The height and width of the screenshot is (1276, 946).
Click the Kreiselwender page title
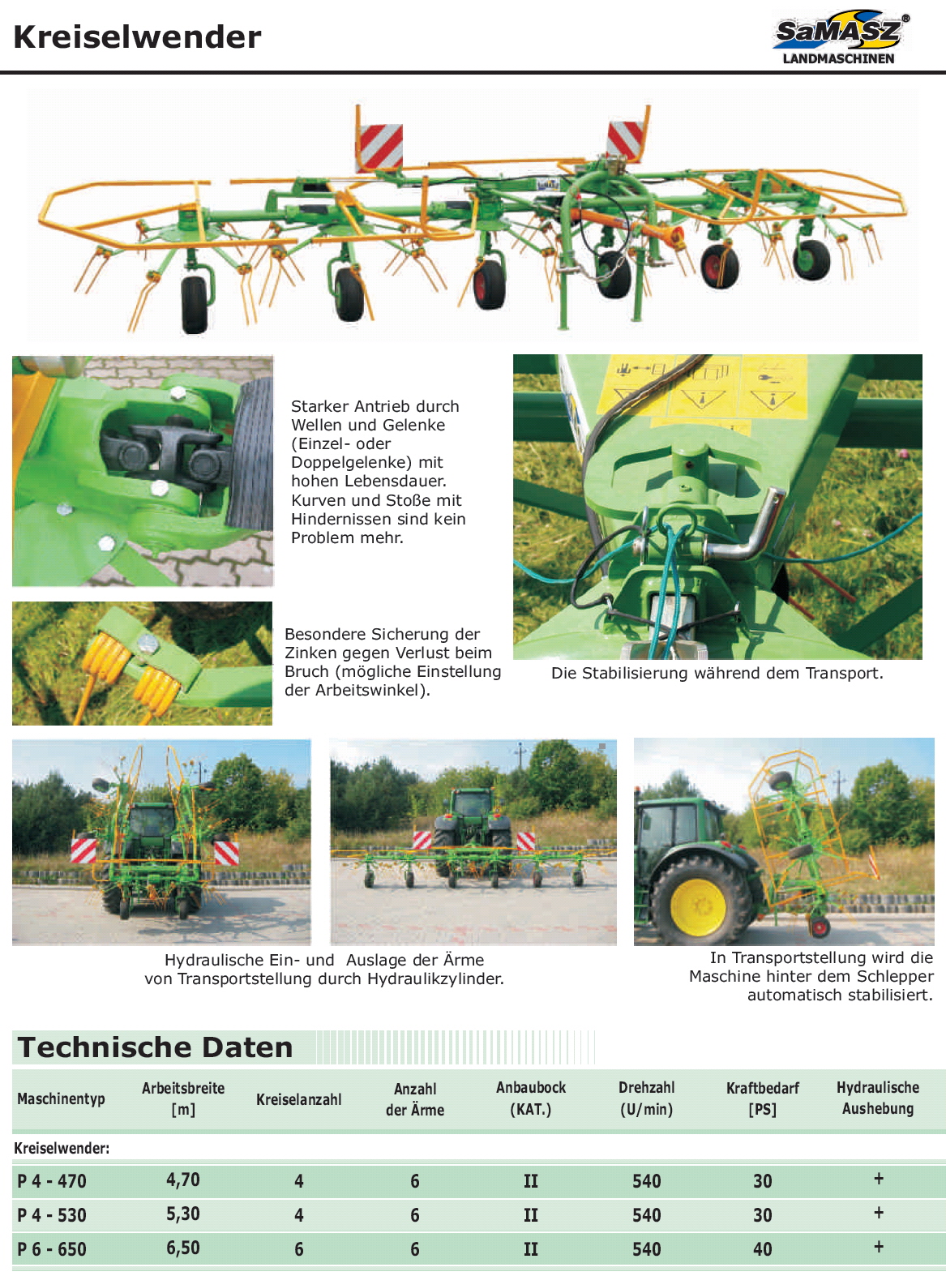click(138, 36)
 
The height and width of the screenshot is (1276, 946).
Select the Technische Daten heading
click(156, 1047)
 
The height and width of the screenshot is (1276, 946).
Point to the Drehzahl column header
click(646, 1098)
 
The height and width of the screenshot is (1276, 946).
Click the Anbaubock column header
click(530, 1098)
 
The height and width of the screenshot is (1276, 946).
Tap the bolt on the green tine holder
click(148, 643)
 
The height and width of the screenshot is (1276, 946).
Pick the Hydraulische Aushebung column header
click(878, 1098)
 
